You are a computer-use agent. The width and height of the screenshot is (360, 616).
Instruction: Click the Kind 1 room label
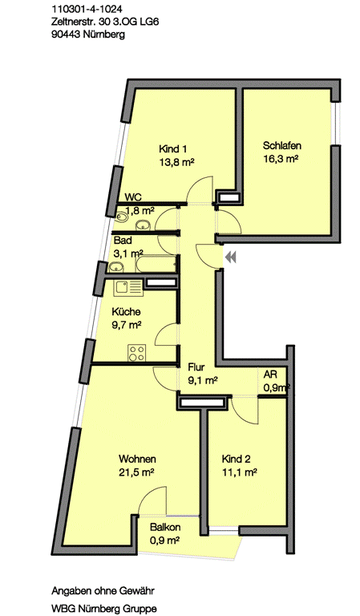coord(172,148)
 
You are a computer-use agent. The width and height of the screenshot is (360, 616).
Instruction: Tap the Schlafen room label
coord(281,146)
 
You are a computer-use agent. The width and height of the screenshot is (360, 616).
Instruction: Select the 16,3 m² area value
coord(281,159)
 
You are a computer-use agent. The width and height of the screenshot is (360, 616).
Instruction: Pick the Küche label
coord(127,312)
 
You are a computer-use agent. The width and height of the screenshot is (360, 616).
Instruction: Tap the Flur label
coord(196,370)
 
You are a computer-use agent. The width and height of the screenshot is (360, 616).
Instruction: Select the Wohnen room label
coord(134,459)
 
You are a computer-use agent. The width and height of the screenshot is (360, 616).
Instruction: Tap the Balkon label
coord(164,528)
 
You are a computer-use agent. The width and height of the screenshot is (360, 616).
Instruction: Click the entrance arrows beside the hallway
coord(232,257)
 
